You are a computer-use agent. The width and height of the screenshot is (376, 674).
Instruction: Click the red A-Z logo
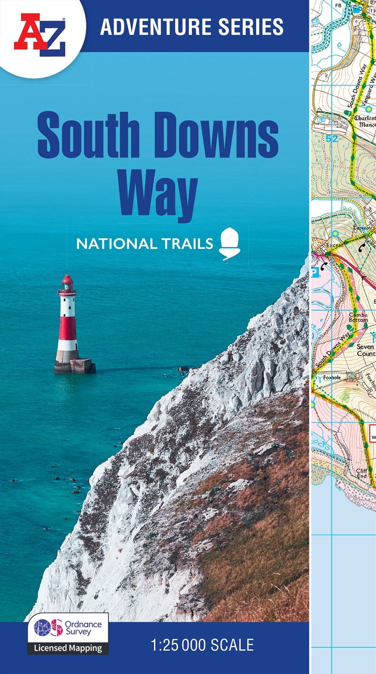click(x=39, y=34)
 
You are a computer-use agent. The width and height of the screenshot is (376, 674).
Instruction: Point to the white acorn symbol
click(x=230, y=243)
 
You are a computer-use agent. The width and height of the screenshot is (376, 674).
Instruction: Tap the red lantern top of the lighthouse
click(x=67, y=282)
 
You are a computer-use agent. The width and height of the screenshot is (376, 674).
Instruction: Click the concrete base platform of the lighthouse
click(x=75, y=365)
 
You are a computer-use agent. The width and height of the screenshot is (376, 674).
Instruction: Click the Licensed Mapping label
click(x=68, y=648)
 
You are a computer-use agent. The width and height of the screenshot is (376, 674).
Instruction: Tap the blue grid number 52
click(x=332, y=138)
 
